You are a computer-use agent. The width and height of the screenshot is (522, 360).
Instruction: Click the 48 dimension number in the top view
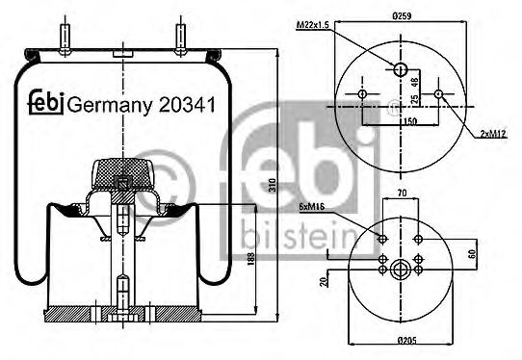tap(415, 83)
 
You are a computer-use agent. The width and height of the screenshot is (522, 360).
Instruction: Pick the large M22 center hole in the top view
tap(400, 67)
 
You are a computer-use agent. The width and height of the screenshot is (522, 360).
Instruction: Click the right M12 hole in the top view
tap(439, 94)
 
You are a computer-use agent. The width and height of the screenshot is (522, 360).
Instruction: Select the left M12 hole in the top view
tap(361, 94)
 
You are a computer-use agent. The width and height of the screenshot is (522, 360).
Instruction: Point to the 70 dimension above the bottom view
tap(401, 193)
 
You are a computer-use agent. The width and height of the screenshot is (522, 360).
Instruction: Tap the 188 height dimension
tap(253, 262)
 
